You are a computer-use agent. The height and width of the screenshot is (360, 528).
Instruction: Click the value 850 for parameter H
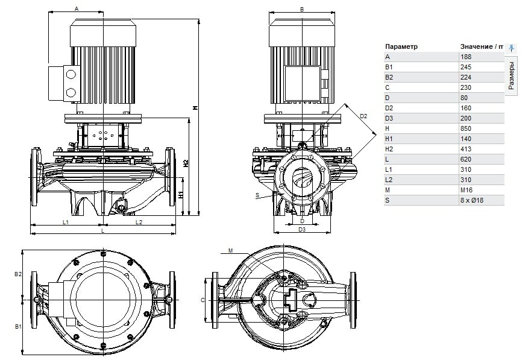pyautogui.click(x=466, y=128)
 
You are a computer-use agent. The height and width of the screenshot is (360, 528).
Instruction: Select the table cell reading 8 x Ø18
pyautogui.click(x=472, y=200)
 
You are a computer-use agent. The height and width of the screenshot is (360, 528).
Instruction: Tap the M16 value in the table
pyautogui.click(x=467, y=190)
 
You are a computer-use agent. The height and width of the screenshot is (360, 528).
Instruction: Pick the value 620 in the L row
pyautogui.click(x=466, y=159)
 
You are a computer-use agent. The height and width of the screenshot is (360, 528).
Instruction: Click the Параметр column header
pyautogui.click(x=401, y=46)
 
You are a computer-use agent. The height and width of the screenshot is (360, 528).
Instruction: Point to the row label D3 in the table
pyautogui.click(x=389, y=118)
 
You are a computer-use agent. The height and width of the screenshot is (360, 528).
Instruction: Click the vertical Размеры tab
pyautogui.click(x=511, y=75)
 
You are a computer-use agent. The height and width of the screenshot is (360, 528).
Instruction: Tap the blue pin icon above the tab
pyautogui.click(x=511, y=48)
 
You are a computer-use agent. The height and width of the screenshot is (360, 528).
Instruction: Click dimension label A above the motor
pyautogui.click(x=77, y=9)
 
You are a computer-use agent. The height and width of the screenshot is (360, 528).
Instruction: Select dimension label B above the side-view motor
pyautogui.click(x=302, y=10)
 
